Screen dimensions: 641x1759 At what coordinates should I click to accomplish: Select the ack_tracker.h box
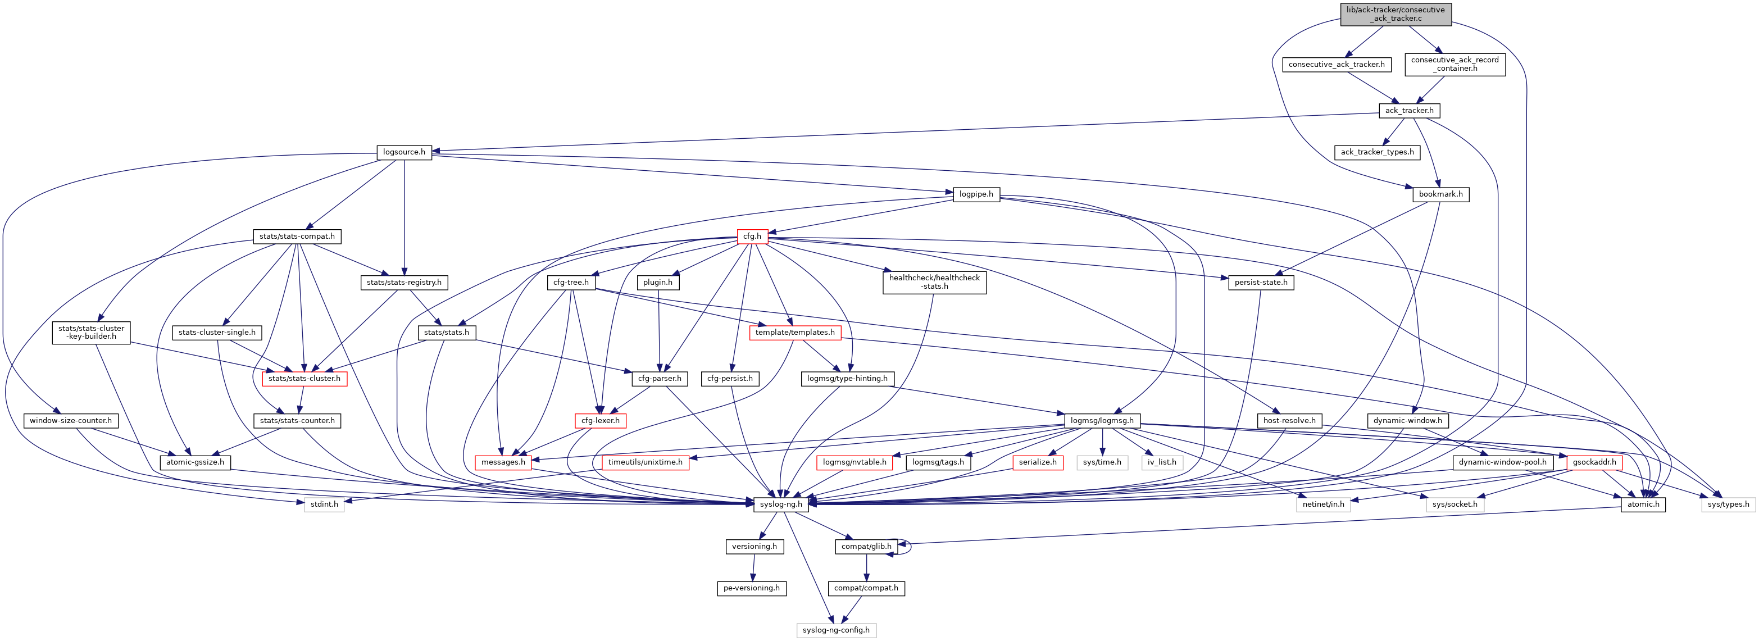point(1408,111)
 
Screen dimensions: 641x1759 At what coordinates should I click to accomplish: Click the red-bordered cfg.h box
point(752,236)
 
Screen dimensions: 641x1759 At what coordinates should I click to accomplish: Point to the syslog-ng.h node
point(781,504)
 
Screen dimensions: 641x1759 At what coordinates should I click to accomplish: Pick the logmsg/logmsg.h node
point(1102,421)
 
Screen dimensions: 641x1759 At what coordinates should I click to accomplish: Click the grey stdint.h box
point(324,504)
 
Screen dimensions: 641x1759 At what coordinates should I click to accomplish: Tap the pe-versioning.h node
point(751,588)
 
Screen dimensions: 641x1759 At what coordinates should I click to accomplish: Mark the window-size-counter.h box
point(70,421)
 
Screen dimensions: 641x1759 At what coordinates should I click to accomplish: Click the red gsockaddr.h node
point(1594,463)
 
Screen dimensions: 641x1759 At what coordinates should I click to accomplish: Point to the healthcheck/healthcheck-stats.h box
point(934,282)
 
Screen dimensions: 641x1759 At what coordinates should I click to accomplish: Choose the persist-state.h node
point(1261,283)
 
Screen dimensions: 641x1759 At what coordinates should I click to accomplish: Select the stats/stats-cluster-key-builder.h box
point(92,333)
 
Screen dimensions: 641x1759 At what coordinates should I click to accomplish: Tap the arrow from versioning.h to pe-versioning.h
point(753,567)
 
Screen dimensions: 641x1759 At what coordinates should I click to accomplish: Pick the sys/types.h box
point(1728,504)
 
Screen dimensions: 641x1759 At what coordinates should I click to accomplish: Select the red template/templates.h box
point(794,333)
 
